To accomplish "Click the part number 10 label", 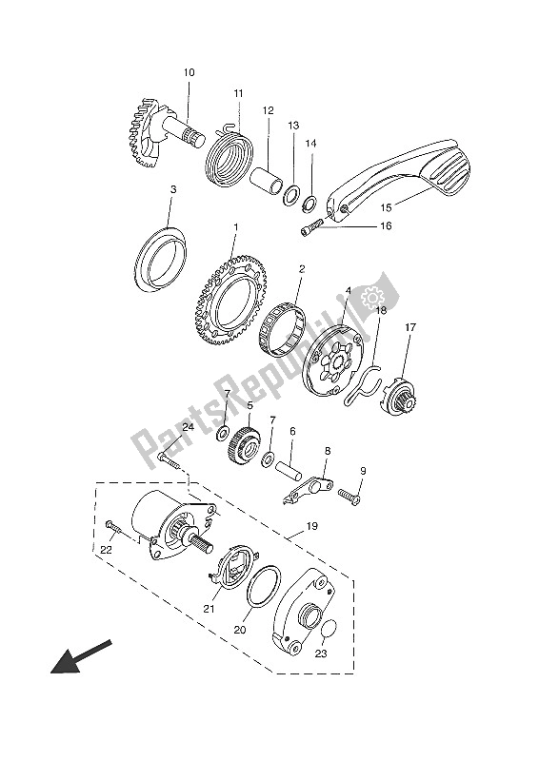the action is click(190, 73).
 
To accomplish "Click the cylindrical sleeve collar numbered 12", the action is click(267, 181).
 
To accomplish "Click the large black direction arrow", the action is click(81, 656).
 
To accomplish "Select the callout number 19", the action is click(311, 526).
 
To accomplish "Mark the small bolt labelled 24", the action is click(169, 459).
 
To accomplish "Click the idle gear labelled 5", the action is click(244, 444).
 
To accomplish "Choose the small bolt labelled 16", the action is click(311, 227).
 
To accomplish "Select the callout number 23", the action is click(321, 654).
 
